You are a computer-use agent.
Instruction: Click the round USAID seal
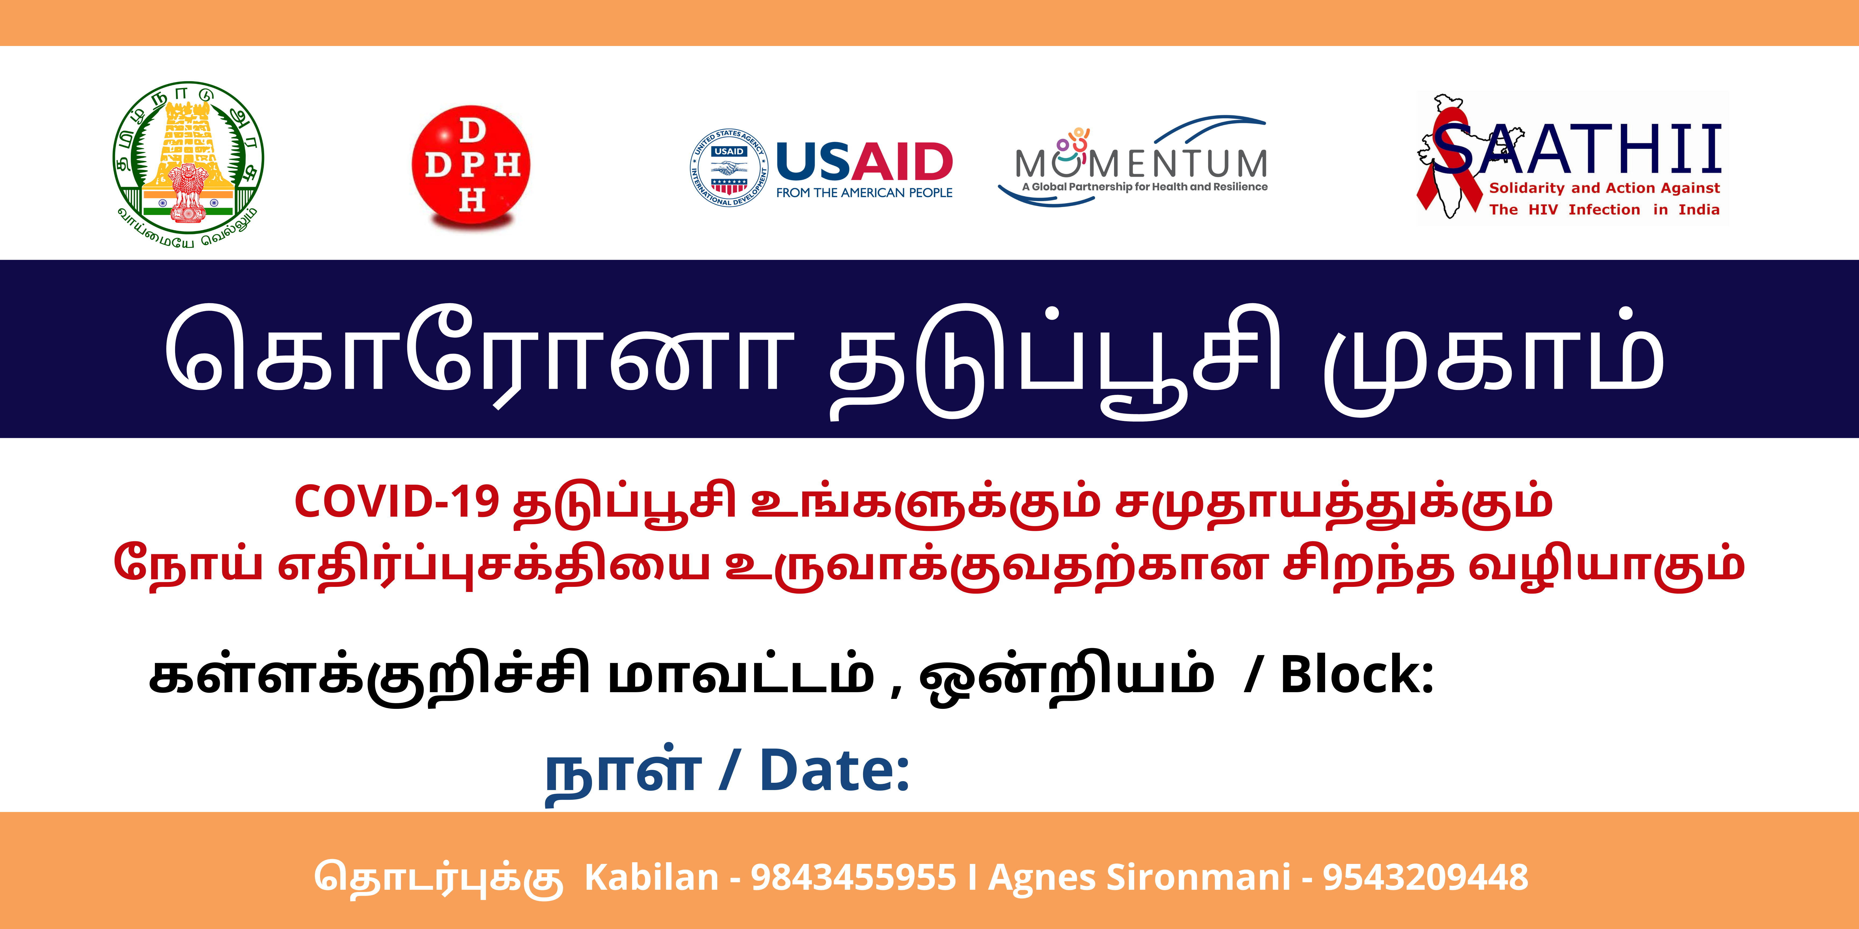coord(729,168)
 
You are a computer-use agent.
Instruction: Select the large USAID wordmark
coord(865,162)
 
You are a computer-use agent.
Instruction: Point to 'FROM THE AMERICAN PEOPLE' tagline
coord(865,192)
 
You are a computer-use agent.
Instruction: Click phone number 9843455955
coord(853,878)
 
